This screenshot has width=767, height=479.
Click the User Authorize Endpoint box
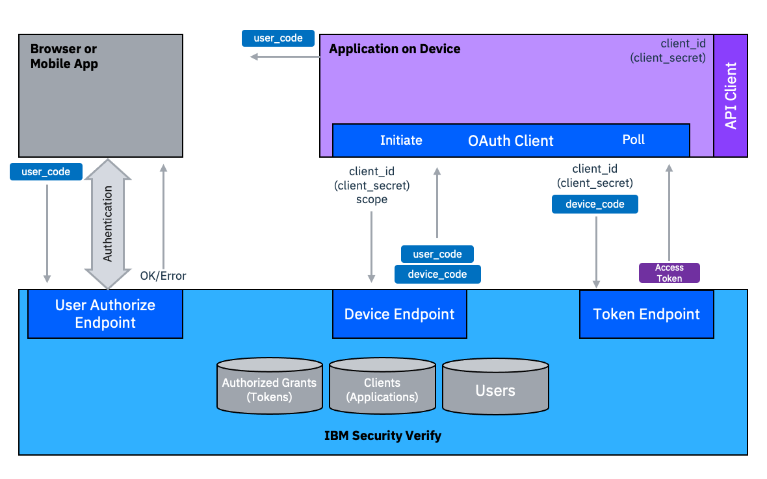(105, 313)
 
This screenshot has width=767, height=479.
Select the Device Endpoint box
(399, 314)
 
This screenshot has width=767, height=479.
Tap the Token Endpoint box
(646, 314)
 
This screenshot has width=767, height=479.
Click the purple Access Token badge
(669, 273)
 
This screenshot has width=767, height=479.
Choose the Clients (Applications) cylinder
(382, 387)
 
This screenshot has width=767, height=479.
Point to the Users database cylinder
(495, 389)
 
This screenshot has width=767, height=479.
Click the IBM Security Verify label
(383, 436)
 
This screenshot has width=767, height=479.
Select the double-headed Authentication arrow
(108, 223)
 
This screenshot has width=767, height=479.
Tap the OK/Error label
(163, 276)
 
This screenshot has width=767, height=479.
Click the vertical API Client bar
(731, 95)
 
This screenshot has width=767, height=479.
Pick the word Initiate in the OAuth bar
(401, 140)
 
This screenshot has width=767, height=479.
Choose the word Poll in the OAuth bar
(633, 140)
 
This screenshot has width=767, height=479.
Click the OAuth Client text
(511, 141)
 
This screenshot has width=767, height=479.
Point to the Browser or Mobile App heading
(64, 56)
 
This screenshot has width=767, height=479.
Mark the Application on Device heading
(395, 49)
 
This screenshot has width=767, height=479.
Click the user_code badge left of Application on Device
(278, 38)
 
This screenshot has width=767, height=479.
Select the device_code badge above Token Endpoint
(595, 204)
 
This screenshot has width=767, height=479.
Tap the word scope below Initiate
(372, 199)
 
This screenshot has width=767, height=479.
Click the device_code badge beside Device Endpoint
(437, 274)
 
